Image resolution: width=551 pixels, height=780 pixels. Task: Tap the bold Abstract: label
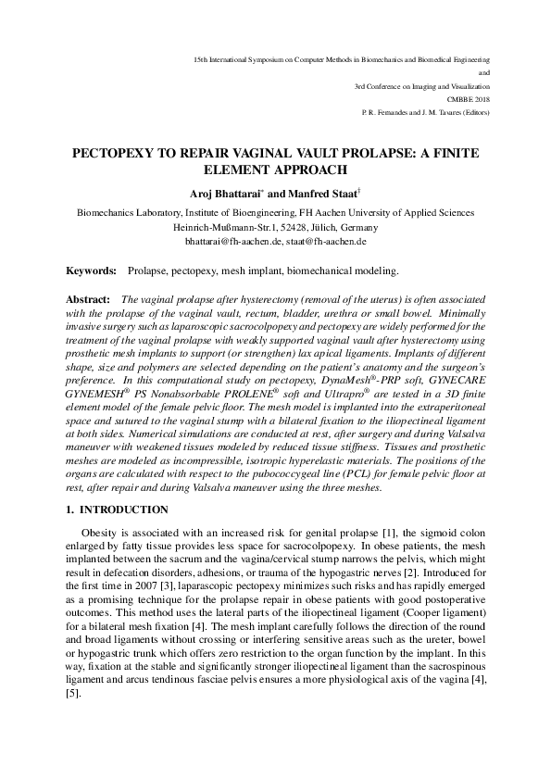click(x=90, y=301)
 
